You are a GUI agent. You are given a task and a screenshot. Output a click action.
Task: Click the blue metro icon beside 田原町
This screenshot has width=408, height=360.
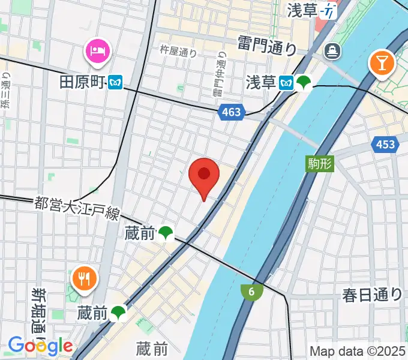[115, 82]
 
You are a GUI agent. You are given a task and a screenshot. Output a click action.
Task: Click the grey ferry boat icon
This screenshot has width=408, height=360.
[331, 52]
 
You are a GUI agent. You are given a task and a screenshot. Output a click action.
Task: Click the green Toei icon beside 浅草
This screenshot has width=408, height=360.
[303, 82]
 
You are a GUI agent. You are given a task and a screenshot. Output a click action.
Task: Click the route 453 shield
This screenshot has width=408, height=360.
[384, 144]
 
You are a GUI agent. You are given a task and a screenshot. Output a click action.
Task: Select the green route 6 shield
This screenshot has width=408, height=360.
[252, 292]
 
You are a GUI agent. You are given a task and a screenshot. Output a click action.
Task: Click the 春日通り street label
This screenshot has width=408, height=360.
[371, 294]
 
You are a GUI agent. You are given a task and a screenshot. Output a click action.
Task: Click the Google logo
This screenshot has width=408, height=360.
[40, 346]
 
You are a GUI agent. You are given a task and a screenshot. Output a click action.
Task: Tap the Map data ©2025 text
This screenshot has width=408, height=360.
[358, 351]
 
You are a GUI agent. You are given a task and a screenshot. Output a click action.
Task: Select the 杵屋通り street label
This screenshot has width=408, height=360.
[178, 53]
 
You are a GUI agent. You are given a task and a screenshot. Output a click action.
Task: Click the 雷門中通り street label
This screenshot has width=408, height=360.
[220, 74]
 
